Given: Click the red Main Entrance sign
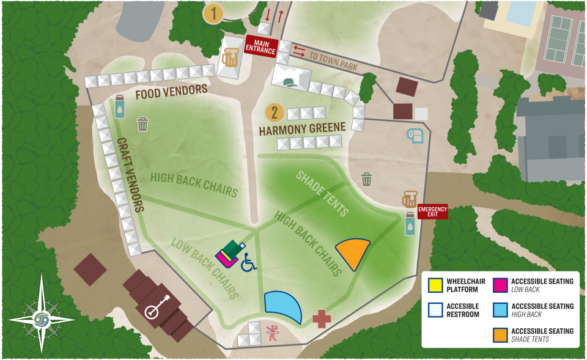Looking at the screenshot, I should (261, 46).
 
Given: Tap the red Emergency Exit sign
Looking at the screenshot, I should (433, 211).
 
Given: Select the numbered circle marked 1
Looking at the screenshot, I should (213, 13).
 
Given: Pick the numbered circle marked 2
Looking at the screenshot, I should (275, 112).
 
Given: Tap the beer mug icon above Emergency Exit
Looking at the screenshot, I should (409, 199).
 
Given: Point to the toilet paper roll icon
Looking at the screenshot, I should (415, 136).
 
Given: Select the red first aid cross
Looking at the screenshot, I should (321, 318).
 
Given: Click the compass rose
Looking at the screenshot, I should (42, 319).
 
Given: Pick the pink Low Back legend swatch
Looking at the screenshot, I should (500, 284).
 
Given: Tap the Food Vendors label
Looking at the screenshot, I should (172, 92).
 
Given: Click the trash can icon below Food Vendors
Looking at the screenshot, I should (142, 124).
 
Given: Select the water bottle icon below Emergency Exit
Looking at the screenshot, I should (410, 224).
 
